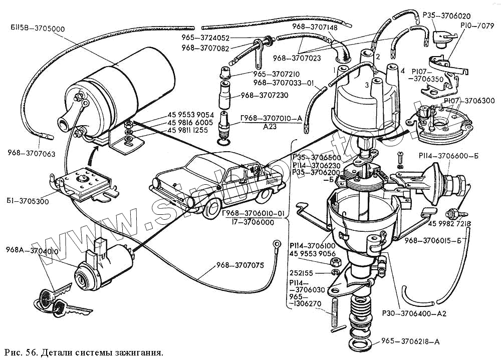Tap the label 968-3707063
[x=32, y=153]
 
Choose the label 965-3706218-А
[x=410, y=342]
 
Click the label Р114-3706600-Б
[x=451, y=156]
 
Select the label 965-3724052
[x=226, y=38]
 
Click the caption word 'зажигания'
[x=136, y=352]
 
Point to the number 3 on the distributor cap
[x=368, y=85]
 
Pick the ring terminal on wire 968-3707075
[x=276, y=244]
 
